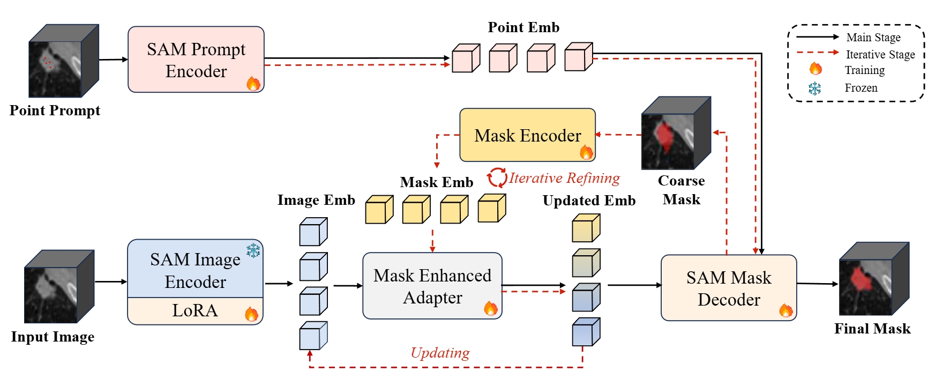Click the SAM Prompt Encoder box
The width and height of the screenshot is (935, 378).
click(x=196, y=60)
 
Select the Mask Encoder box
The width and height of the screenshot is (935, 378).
click(x=527, y=135)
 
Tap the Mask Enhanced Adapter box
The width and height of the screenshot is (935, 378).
click(x=432, y=286)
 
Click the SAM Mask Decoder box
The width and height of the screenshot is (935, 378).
click(x=728, y=288)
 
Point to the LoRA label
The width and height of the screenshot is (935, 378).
click(x=195, y=311)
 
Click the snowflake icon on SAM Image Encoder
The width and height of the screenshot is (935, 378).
click(x=253, y=250)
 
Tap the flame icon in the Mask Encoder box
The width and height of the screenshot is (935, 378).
click(x=586, y=152)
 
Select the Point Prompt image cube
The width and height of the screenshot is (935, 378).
click(x=63, y=61)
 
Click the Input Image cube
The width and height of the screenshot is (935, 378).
click(x=59, y=286)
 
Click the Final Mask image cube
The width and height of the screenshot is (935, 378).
click(x=873, y=279)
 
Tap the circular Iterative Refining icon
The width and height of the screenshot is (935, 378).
click(x=497, y=177)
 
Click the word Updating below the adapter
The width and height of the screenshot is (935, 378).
click(x=440, y=353)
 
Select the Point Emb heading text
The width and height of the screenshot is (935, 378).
click(x=523, y=27)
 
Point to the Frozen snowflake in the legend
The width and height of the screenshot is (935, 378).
click(x=814, y=88)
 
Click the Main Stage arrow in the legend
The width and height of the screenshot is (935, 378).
click(x=817, y=37)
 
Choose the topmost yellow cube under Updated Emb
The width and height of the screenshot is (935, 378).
click(x=586, y=228)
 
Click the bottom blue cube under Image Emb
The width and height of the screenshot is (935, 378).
click(x=313, y=336)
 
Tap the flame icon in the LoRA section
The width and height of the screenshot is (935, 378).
click(x=251, y=314)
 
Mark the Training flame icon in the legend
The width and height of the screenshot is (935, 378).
click(x=815, y=69)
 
